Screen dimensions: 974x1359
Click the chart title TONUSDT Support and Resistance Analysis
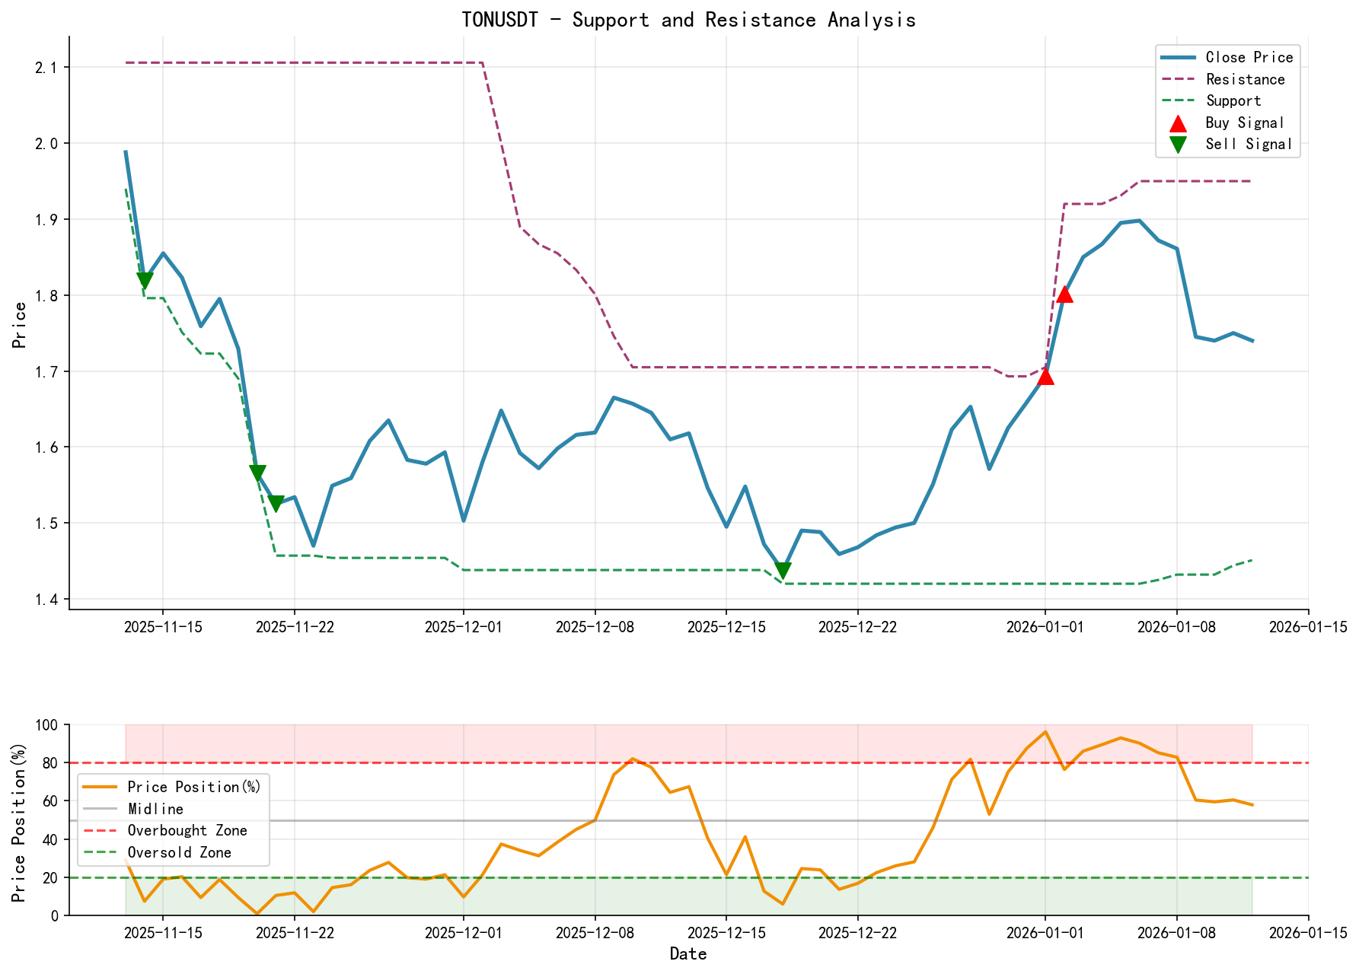688,20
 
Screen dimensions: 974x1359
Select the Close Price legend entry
1249,57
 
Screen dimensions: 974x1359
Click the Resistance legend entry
1245,79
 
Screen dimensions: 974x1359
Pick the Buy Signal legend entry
1244,123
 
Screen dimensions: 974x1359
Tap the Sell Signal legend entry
1249,144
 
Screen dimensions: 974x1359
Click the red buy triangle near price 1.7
1045,376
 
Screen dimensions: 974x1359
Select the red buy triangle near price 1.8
1064,294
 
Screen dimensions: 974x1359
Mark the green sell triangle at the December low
783,571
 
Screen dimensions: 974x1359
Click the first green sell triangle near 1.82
145,281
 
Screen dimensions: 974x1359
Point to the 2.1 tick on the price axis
46,68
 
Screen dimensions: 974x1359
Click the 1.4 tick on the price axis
46,600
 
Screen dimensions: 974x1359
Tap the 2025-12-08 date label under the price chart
595,627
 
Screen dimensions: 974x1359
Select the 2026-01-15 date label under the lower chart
1308,933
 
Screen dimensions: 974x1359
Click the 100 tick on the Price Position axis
47,725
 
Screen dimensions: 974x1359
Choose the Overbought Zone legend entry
187,830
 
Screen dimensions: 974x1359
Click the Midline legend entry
155,809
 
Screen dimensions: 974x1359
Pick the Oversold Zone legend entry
179,852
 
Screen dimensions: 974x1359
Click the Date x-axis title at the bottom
688,954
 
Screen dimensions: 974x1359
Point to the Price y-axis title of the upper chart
20,325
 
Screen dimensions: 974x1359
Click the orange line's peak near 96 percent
1045,731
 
